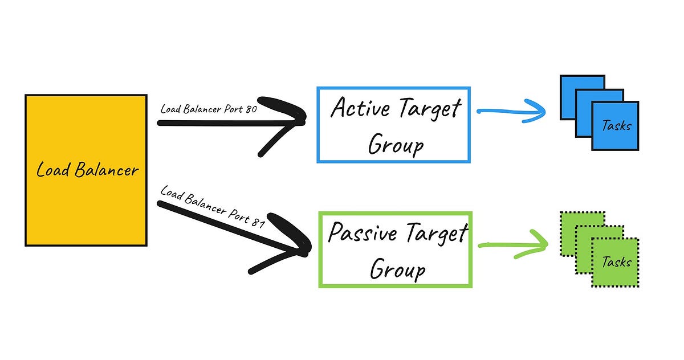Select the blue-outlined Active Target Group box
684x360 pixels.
393,125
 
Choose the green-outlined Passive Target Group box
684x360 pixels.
395,249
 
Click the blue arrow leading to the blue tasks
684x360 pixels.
511,111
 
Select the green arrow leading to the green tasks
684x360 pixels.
512,244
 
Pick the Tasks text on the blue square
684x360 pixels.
617,126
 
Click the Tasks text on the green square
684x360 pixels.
617,262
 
